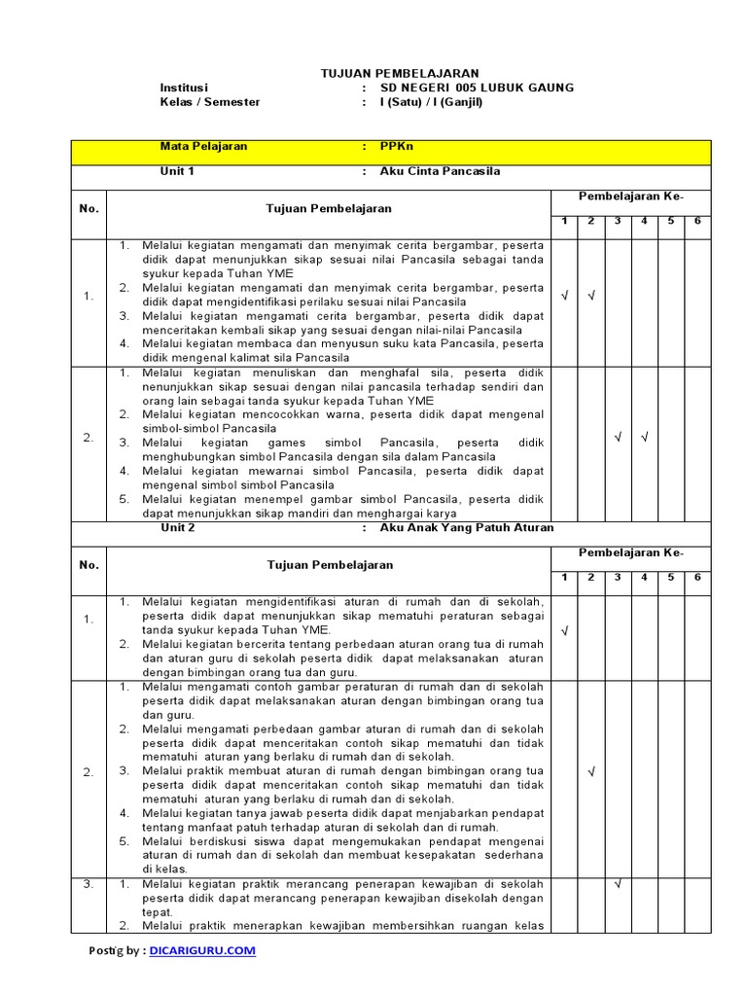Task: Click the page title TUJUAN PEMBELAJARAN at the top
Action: (400, 74)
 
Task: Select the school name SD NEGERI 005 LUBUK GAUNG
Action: (477, 88)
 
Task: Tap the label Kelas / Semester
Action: (210, 102)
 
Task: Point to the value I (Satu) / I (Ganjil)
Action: (431, 102)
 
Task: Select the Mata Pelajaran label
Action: (203, 147)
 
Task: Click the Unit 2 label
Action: (178, 527)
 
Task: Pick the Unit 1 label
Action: (178, 171)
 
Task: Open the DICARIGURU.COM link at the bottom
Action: (203, 950)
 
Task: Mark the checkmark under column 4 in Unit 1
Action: (644, 437)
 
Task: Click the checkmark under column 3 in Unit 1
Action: (618, 437)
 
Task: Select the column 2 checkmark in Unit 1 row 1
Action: (590, 296)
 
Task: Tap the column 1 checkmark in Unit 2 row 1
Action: (564, 631)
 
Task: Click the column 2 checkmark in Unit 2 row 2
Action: (590, 771)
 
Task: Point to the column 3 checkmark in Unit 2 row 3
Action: (618, 884)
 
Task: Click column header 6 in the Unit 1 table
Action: (697, 222)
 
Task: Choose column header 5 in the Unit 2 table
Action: (670, 578)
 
